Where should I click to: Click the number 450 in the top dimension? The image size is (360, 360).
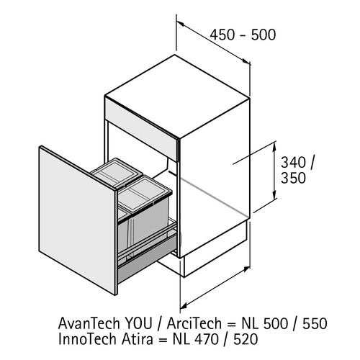coord(222,35)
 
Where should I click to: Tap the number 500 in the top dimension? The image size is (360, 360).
coord(264,35)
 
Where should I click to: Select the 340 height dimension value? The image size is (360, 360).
coord(293,163)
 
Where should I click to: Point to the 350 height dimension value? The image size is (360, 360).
coord(293,178)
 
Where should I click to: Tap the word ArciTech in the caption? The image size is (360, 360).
coord(194,323)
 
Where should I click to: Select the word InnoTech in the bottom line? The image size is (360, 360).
coord(89,339)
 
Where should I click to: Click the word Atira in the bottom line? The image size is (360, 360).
coord(138,339)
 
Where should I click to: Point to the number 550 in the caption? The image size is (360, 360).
coord(315,323)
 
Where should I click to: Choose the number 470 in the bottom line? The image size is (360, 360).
coord(206,339)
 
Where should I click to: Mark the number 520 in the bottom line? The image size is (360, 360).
coord(246,339)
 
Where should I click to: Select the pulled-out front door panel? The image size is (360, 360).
coord(77,220)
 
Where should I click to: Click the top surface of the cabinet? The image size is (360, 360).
coord(177,96)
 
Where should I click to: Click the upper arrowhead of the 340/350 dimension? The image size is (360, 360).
coord(274,145)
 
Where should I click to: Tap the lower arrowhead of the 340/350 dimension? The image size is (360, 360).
coord(274,195)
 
